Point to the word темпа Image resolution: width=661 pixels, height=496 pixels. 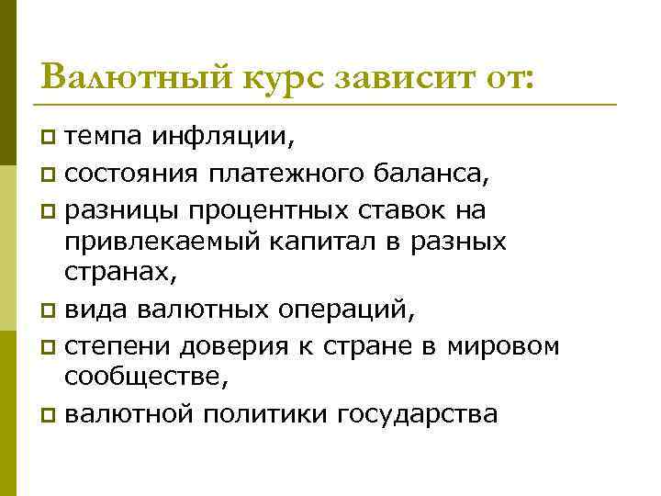click(x=103, y=138)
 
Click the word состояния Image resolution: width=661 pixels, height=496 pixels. click(x=122, y=173)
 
